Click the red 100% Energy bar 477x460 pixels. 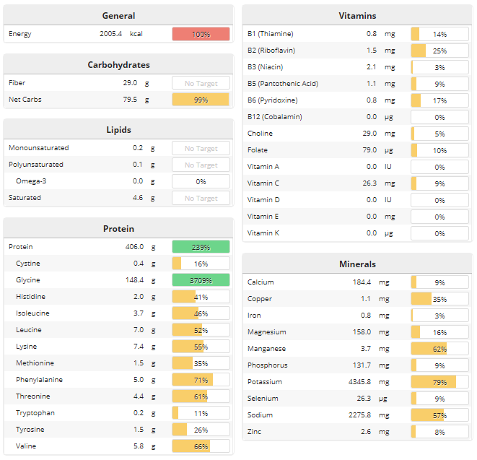coord(201,34)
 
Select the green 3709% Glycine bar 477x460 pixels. coord(201,280)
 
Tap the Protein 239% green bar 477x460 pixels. coord(201,247)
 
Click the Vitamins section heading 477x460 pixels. coord(357,16)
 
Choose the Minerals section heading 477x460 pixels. coord(357,264)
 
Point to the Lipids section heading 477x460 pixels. coord(118,130)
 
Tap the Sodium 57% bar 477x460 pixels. coord(439,415)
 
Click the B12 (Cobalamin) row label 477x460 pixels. coord(274,117)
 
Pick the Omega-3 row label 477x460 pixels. coord(32,181)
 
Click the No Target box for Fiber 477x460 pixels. coord(201,83)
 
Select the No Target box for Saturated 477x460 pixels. coord(201,198)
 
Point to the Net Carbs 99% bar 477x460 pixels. coord(201,100)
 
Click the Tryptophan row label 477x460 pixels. coord(35,413)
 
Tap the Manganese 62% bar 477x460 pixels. coord(439,349)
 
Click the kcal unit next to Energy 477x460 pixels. coord(136,34)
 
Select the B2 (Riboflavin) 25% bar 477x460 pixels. coord(439,51)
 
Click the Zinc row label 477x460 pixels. coord(254,432)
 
